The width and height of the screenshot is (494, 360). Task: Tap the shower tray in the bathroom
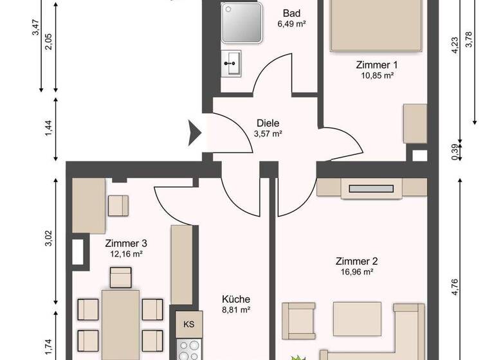pos(242,23)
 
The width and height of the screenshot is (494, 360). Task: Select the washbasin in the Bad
pos(232,63)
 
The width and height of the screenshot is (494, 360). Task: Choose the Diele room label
pos(268,123)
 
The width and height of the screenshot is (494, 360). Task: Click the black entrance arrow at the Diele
pos(195,132)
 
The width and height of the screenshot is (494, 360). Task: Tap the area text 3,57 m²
pos(268,134)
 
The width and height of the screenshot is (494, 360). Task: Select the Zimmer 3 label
pos(126,244)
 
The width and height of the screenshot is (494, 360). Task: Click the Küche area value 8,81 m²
pos(235,310)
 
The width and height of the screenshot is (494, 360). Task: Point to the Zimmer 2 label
pos(356,261)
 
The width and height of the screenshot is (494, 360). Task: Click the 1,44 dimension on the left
pos(48,129)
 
